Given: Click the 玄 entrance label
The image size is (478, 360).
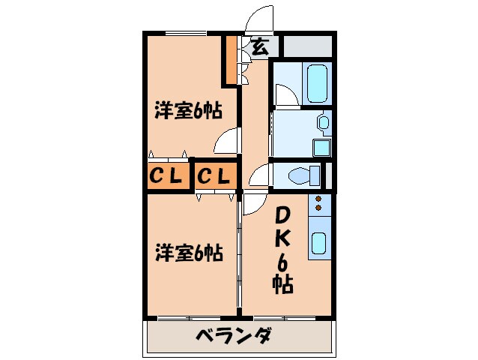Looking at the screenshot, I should click(258, 46).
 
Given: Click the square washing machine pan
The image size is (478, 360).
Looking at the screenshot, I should click(322, 146).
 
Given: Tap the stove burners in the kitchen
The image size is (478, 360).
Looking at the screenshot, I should click(318, 202).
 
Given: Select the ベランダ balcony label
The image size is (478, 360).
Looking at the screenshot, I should click(234, 337).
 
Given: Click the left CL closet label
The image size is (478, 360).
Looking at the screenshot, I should click(166, 177).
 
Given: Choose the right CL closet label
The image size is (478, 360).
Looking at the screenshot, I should click(216, 177).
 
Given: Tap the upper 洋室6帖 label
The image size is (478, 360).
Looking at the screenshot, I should click(187, 112).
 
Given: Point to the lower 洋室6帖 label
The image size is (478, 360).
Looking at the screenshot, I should click(189, 252).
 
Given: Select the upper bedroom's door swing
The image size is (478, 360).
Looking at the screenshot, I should click(226, 140).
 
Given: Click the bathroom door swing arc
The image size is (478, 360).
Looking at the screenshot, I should click(284, 94).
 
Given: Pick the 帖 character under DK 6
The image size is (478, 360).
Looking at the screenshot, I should click(282, 284).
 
